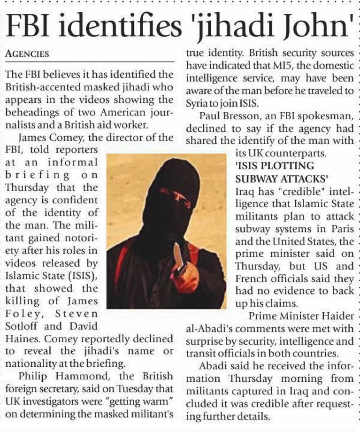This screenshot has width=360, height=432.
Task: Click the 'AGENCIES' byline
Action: [27, 54]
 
